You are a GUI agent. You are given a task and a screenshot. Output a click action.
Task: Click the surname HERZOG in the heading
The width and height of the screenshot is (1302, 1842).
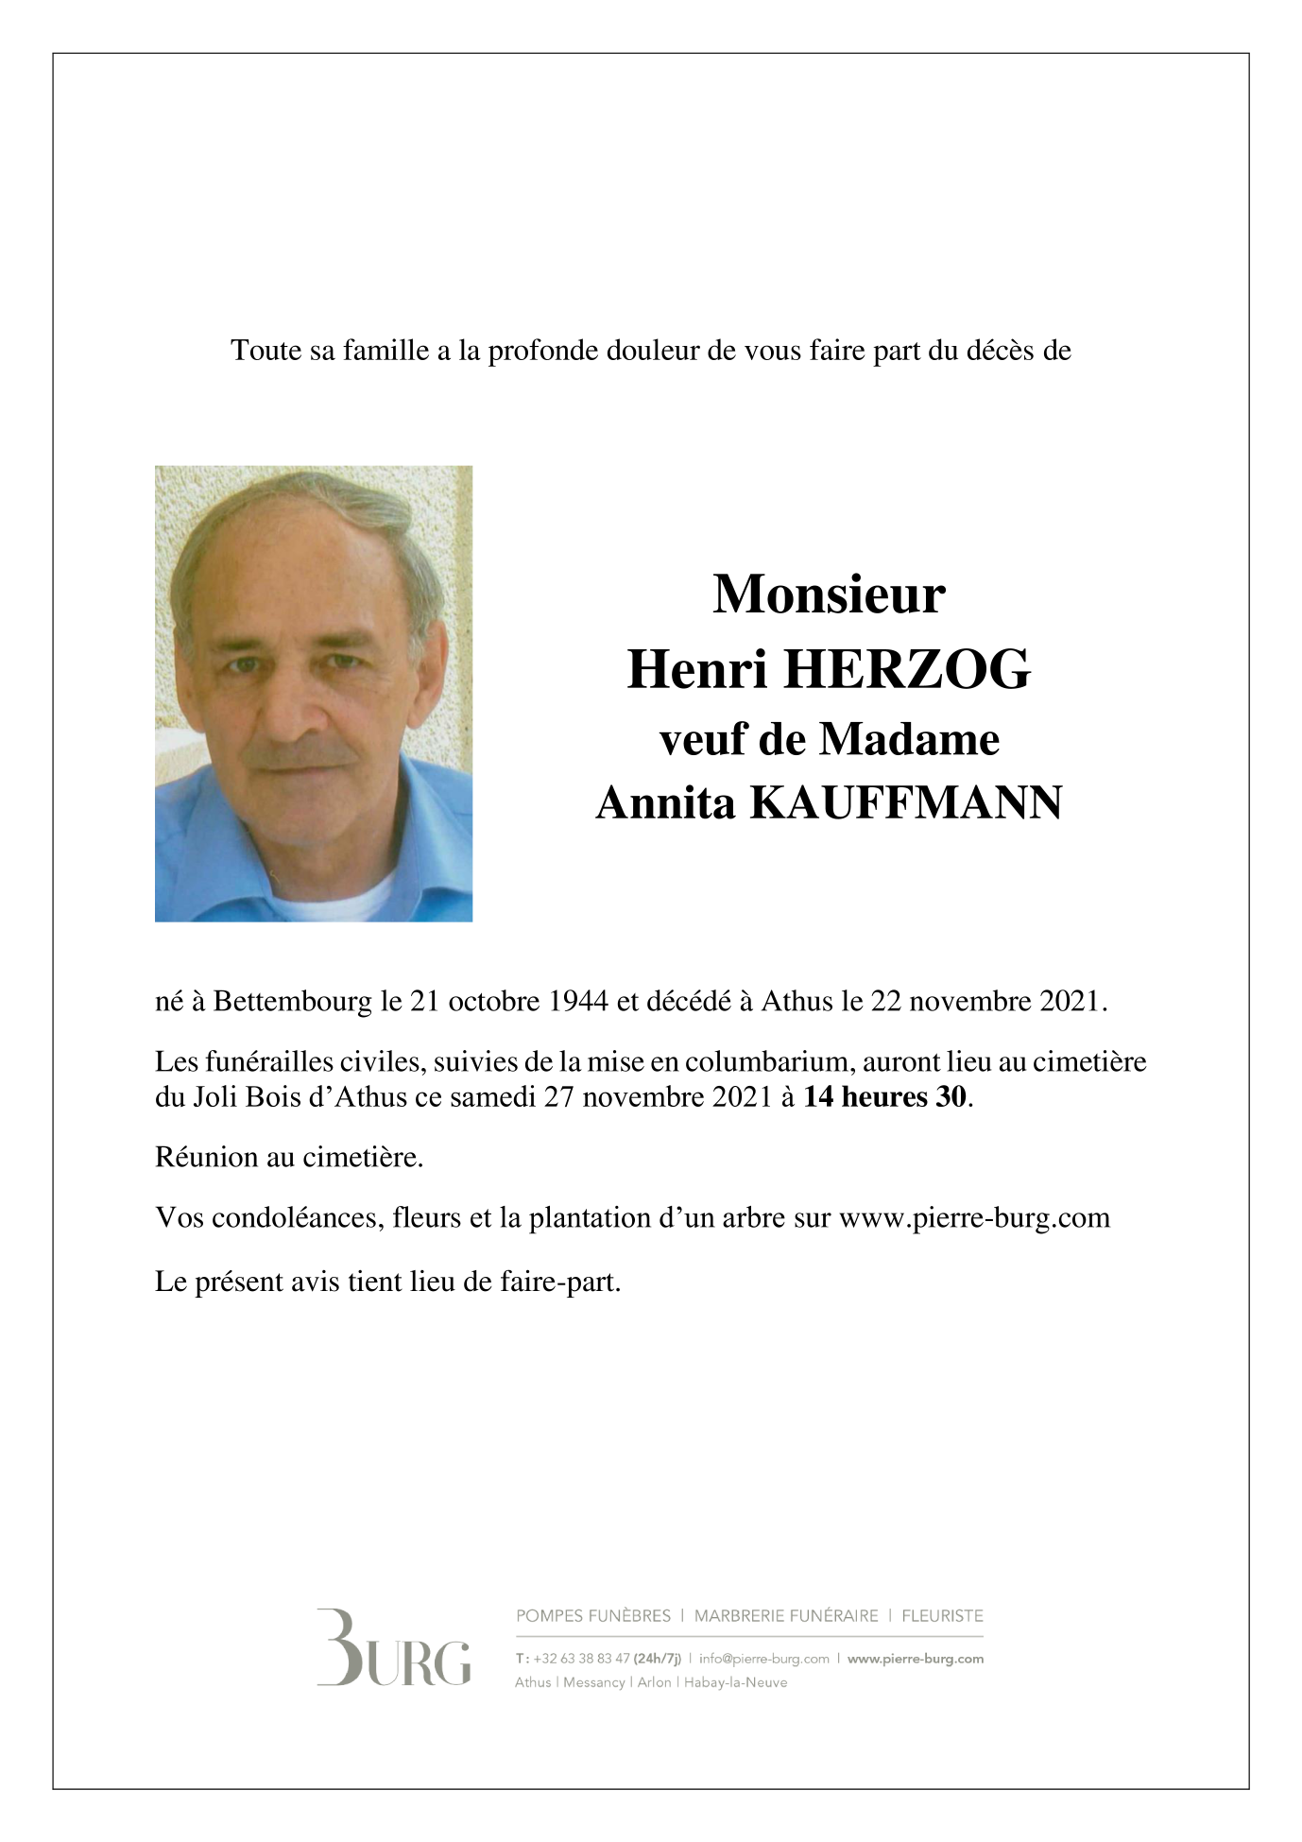[x=907, y=672]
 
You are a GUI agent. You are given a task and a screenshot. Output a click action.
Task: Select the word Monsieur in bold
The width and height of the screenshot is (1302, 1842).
[x=829, y=595]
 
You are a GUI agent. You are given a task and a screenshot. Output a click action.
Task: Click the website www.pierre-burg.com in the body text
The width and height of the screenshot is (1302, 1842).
[x=974, y=1217]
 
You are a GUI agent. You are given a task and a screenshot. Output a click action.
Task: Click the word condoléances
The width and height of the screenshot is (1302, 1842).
[x=292, y=1217]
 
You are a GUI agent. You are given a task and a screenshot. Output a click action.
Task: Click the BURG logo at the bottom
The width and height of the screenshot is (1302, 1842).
[x=393, y=1647]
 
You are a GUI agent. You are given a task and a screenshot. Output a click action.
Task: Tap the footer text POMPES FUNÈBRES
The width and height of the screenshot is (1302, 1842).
[x=593, y=1616]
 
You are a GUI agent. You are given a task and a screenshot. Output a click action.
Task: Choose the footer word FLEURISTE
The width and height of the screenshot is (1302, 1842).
[x=942, y=1616]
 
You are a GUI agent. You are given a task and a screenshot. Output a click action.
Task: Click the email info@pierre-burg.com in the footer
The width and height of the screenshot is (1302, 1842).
[x=763, y=1659]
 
